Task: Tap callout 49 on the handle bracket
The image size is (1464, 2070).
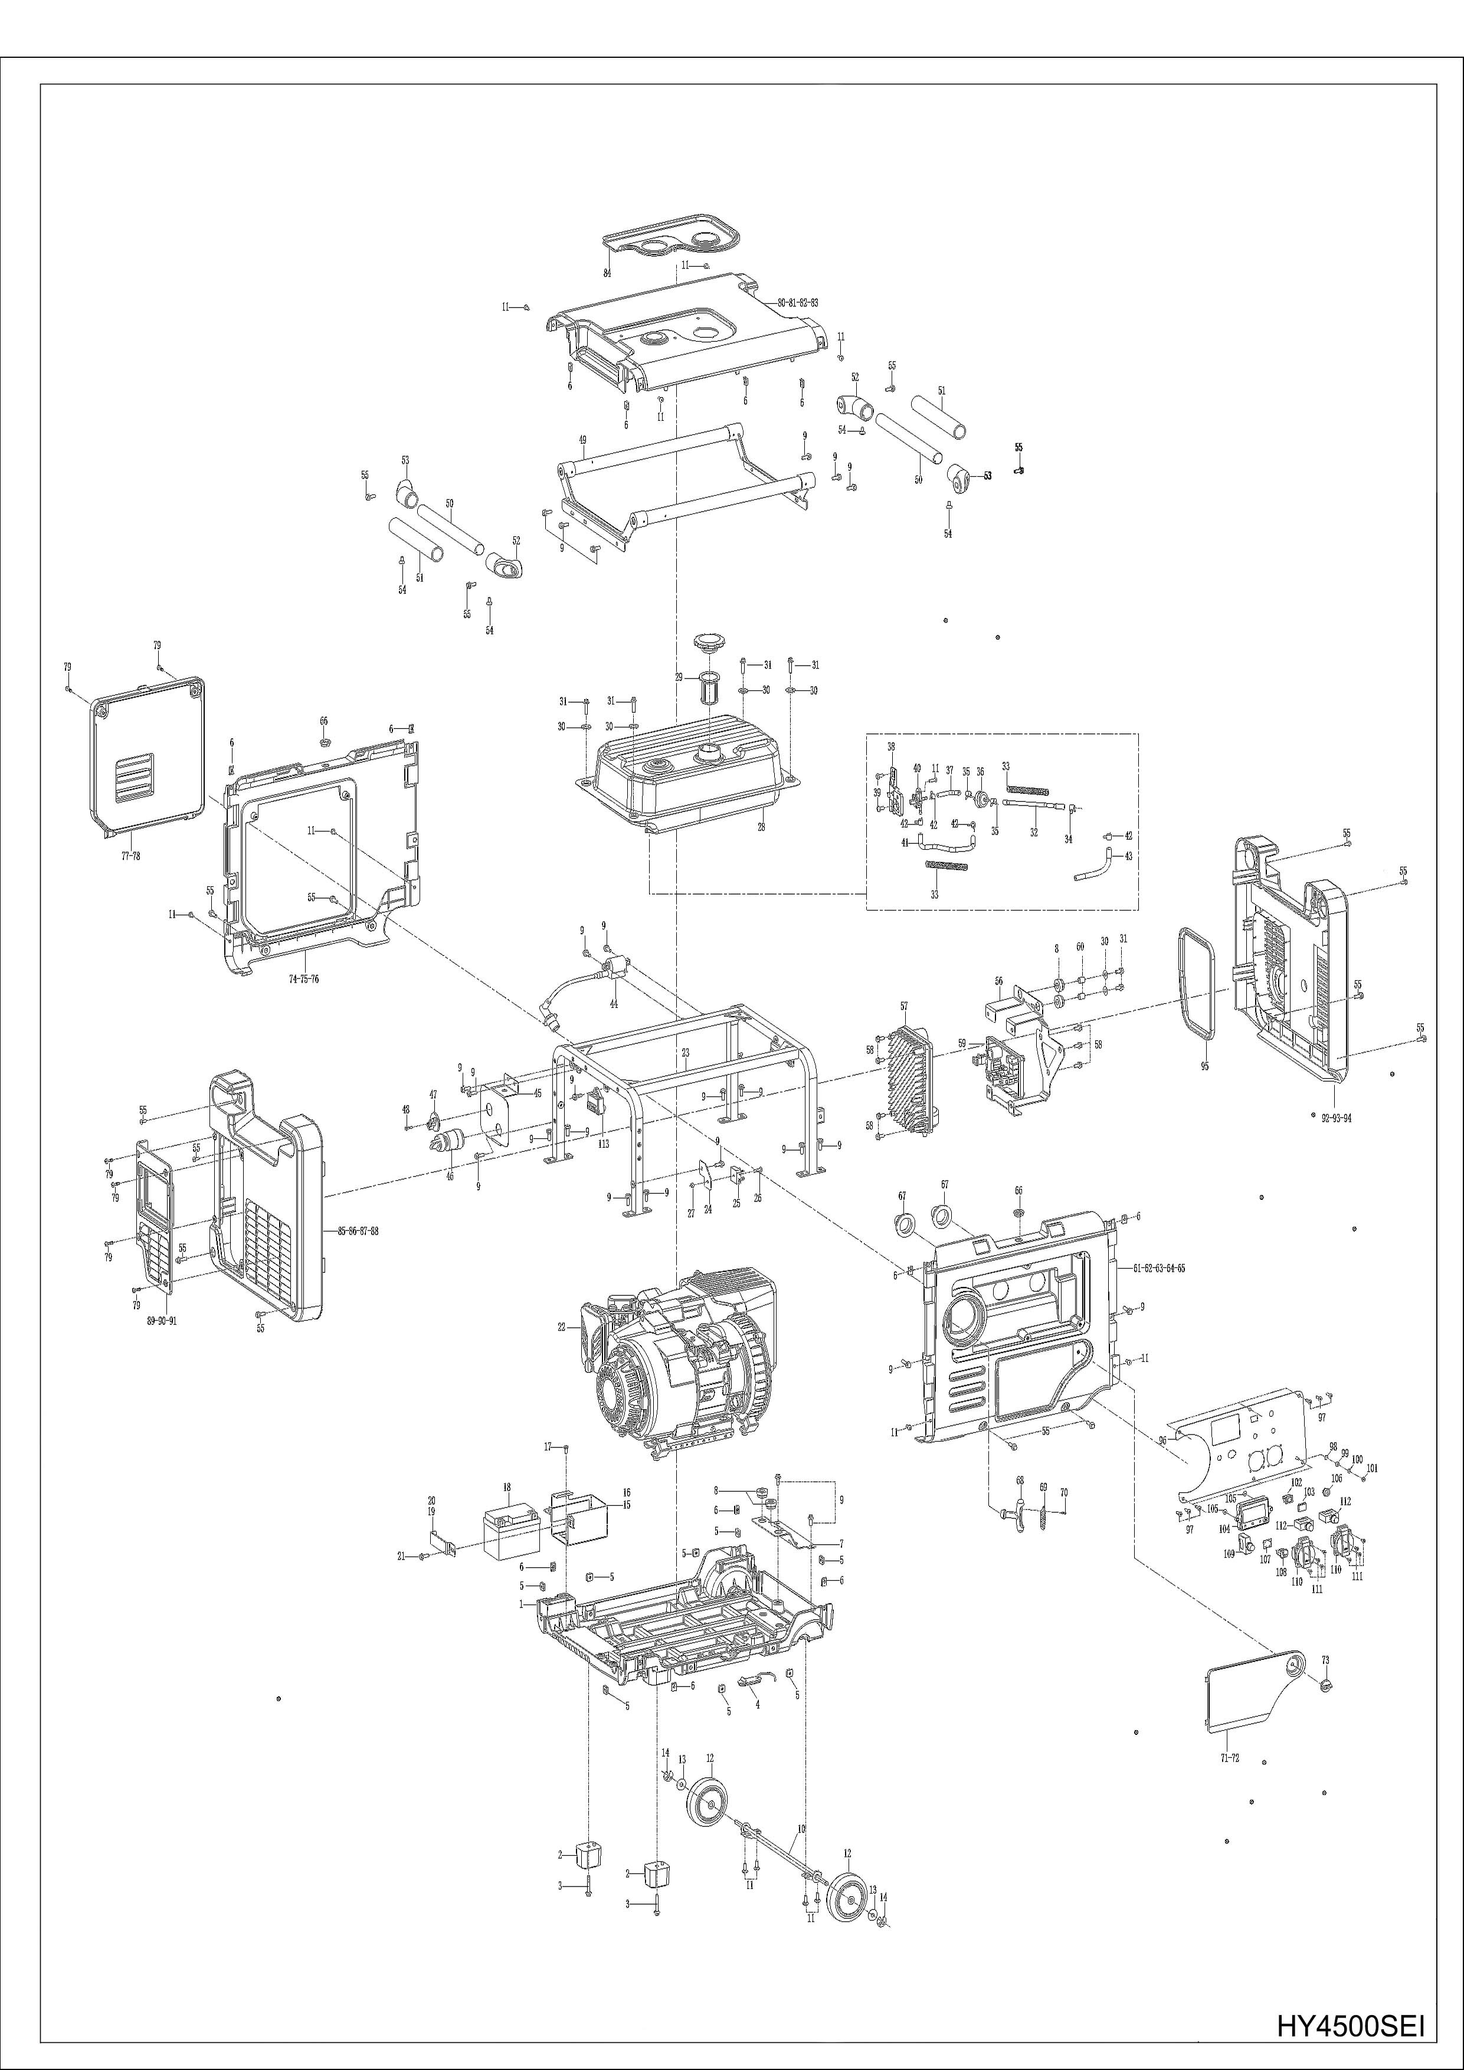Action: click(582, 440)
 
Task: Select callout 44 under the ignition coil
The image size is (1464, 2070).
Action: click(614, 1004)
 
